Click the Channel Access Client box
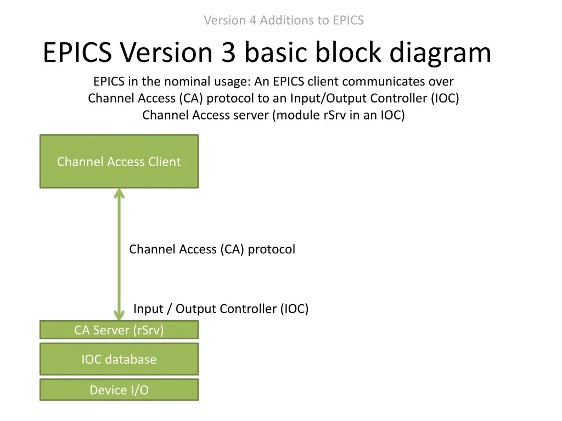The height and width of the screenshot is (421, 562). point(119,162)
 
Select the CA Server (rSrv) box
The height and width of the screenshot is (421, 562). point(119,330)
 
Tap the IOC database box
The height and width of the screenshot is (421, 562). point(119,360)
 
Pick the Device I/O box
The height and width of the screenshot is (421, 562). point(119,390)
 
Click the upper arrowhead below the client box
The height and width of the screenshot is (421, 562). point(119,194)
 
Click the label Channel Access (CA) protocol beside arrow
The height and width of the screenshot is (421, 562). point(212,249)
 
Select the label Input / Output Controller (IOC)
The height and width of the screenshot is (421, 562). point(221,309)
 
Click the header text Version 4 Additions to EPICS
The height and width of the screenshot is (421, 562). point(284,20)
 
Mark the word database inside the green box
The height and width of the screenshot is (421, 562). point(131,360)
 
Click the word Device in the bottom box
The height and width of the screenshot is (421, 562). point(107,390)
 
